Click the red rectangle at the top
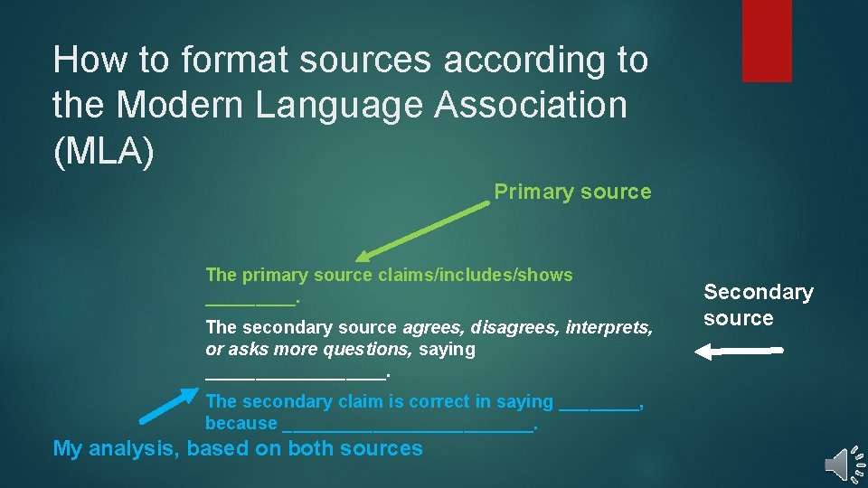click(x=766, y=41)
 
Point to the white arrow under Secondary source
click(x=737, y=352)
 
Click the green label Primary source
click(x=571, y=192)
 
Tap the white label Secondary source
click(x=758, y=305)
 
